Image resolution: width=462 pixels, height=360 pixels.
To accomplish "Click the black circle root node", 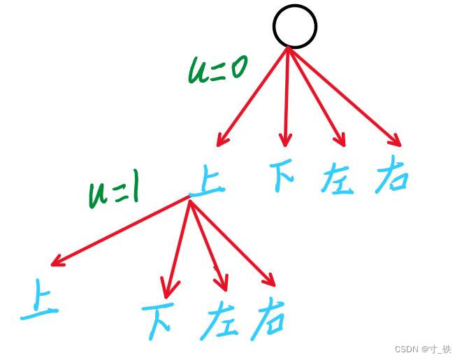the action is (294, 27).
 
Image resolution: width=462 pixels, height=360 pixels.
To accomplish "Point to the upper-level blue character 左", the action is (337, 179).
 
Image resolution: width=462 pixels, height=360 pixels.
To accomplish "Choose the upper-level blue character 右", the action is (391, 178).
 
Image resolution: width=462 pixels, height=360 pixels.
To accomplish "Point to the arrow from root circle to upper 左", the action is (316, 96).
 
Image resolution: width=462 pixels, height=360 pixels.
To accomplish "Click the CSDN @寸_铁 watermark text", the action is (422, 349).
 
